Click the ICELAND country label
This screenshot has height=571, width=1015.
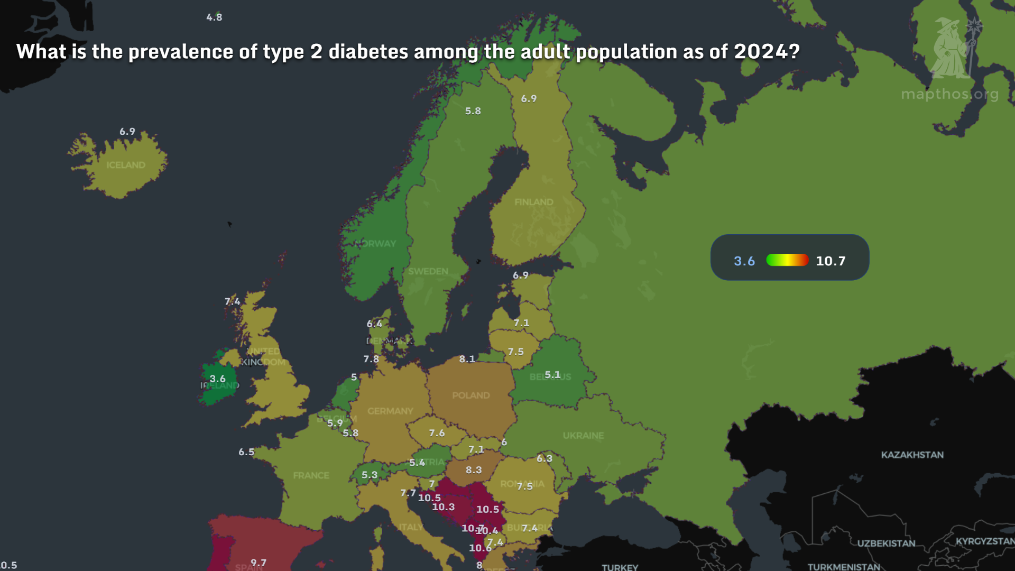(126, 165)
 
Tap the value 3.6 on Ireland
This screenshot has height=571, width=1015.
(217, 379)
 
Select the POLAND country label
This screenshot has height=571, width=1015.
(470, 395)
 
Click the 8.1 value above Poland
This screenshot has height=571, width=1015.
(467, 359)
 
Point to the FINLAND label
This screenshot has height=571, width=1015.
(533, 202)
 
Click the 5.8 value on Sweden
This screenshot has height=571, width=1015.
(473, 111)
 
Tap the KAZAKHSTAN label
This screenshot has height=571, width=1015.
(912, 455)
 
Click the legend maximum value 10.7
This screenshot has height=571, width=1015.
(830, 261)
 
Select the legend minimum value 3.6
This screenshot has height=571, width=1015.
(744, 261)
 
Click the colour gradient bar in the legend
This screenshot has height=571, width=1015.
(787, 260)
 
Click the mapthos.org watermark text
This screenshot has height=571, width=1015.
(949, 94)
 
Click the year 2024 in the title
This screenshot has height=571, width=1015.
(766, 52)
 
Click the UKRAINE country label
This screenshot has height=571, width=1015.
(583, 436)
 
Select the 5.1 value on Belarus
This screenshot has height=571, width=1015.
(552, 374)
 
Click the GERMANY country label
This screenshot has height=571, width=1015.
(390, 411)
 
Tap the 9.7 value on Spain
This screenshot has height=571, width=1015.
(259, 563)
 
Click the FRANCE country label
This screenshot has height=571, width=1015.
(311, 475)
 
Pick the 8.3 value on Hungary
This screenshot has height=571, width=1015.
(473, 469)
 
